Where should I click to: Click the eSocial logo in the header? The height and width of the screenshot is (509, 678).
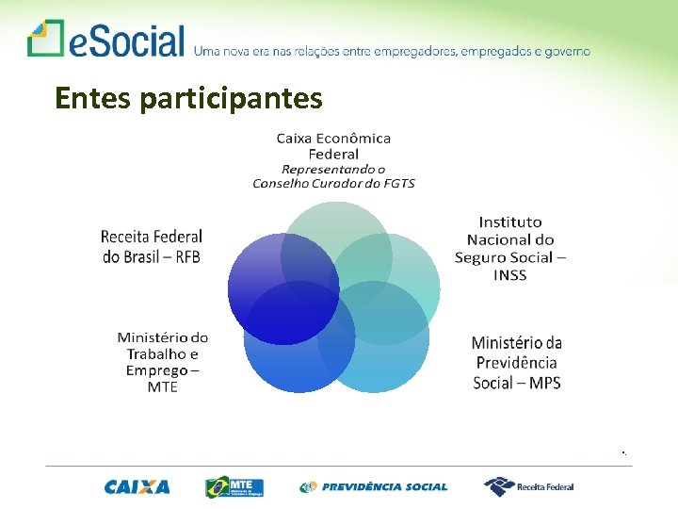(x=105, y=41)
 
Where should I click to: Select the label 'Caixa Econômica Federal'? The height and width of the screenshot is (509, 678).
(x=333, y=146)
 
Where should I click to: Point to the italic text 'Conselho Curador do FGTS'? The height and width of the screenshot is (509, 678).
(x=333, y=183)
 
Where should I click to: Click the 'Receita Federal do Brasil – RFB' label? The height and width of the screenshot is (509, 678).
(x=152, y=246)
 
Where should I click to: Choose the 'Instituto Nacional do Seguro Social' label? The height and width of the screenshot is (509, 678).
(x=509, y=239)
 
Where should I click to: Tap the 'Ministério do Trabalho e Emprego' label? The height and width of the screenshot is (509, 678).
(x=162, y=353)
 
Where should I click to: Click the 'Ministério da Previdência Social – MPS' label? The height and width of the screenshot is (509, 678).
(x=517, y=363)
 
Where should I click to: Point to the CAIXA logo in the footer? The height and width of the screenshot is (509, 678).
(x=137, y=487)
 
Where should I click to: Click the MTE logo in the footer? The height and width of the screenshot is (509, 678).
(x=234, y=487)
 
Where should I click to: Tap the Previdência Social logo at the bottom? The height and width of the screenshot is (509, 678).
(x=374, y=487)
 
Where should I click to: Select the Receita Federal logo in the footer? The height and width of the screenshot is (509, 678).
(x=528, y=487)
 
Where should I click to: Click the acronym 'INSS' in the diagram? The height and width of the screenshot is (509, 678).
(x=509, y=275)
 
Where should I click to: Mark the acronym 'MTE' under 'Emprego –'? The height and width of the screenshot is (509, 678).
(x=162, y=387)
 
